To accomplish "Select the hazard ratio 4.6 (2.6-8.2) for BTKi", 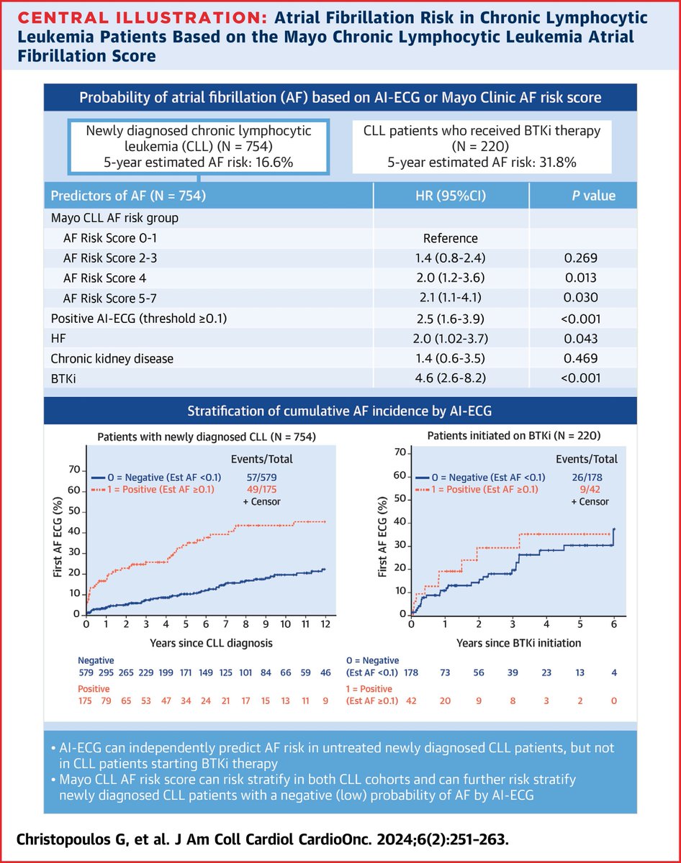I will pos(451,373).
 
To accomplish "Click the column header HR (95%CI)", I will pos(451,196).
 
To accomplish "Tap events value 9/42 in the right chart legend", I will pos(595,489).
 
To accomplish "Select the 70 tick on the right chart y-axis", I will pos(397,454).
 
